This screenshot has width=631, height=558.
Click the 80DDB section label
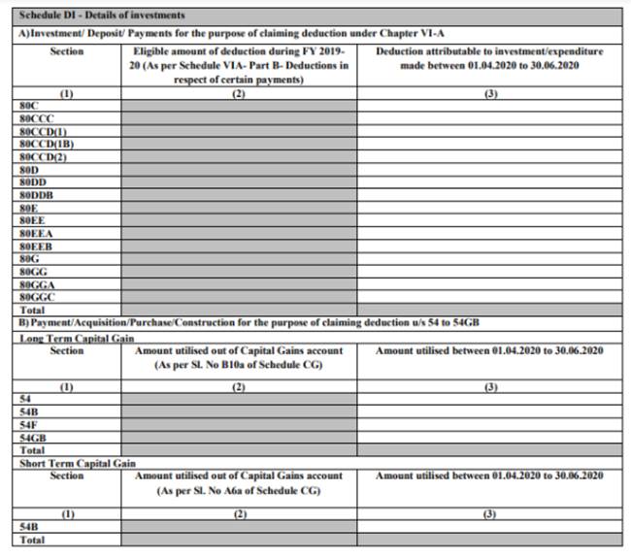tap(36, 193)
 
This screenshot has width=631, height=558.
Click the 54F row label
tap(28, 424)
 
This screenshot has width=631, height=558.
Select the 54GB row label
tap(32, 438)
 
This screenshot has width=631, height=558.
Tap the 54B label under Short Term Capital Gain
tap(28, 526)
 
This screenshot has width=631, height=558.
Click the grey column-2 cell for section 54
tap(238, 399)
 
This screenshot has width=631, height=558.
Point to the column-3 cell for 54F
tap(489, 424)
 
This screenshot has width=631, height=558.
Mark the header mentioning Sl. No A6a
tap(238, 483)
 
